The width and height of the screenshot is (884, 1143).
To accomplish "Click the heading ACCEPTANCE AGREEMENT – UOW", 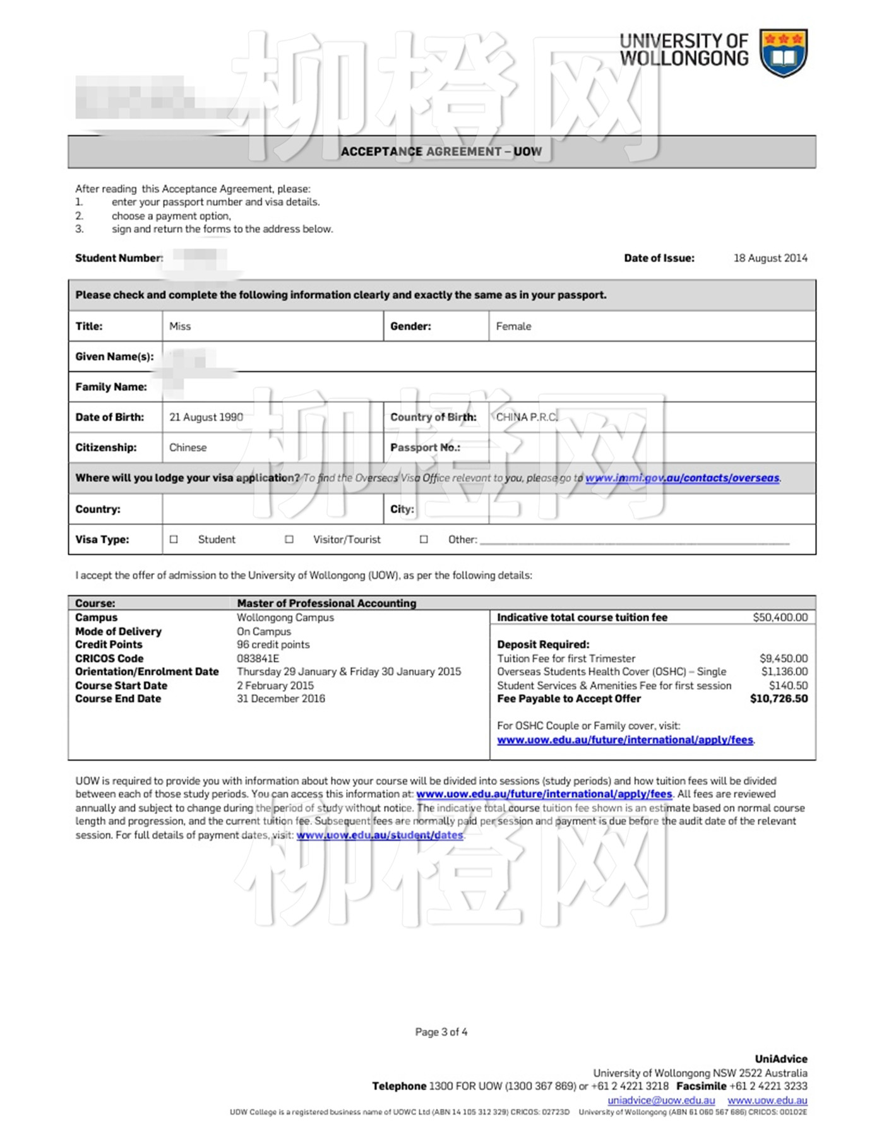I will (441, 151).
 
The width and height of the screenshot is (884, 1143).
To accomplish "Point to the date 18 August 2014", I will (770, 258).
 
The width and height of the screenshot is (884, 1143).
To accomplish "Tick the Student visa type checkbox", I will (174, 540).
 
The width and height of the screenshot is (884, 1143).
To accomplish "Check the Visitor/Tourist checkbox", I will (289, 540).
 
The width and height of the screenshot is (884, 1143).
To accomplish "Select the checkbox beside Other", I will (424, 540).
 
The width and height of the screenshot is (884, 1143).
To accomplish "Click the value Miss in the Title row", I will (180, 326).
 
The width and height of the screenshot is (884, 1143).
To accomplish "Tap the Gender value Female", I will (513, 326).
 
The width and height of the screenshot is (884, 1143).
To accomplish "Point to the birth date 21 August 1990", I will (206, 417).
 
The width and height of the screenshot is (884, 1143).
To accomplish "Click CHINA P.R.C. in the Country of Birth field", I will (527, 417).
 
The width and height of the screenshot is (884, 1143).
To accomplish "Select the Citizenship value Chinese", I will (188, 447).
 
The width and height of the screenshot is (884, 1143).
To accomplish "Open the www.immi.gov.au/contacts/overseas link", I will (682, 478).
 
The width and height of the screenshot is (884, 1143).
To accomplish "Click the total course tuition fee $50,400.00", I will (780, 617).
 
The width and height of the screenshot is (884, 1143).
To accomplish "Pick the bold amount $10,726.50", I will (779, 699).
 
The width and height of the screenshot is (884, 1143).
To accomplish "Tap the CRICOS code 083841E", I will (258, 658).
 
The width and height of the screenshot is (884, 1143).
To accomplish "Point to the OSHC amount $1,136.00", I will (784, 672).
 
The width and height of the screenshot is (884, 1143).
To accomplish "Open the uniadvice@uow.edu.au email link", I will (661, 1100).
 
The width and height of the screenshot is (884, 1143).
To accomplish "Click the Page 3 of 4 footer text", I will (441, 1032).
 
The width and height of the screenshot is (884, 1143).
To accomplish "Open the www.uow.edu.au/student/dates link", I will (379, 835).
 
